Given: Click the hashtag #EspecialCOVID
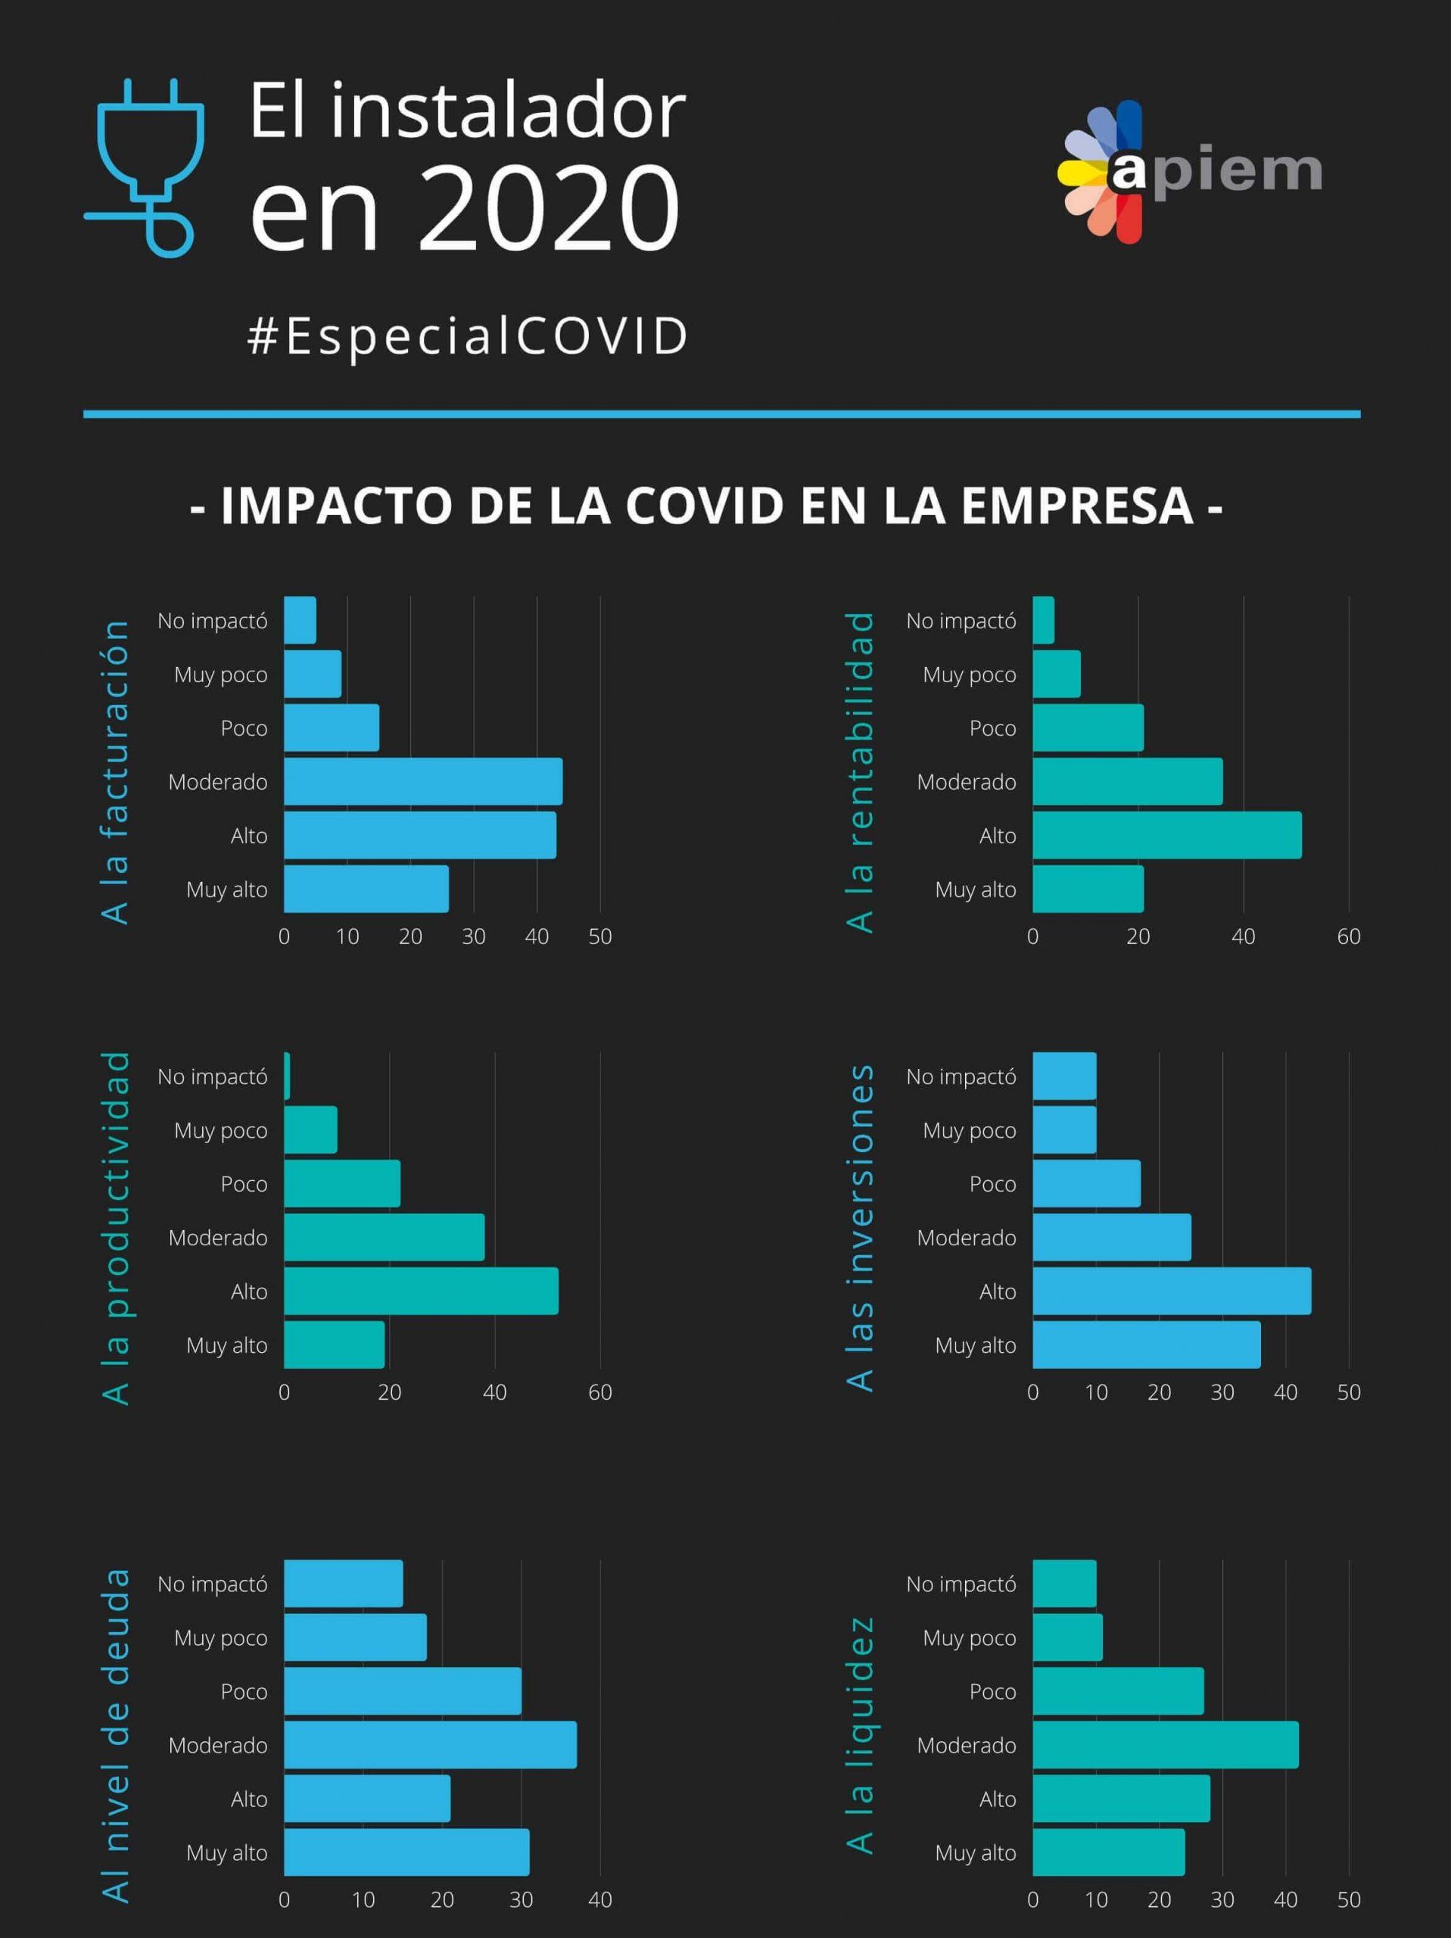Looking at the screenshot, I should coord(467,335).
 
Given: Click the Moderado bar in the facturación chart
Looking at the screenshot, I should coord(423,781).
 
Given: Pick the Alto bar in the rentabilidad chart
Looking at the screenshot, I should coord(1166,835).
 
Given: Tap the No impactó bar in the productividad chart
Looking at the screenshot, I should coord(287,1076).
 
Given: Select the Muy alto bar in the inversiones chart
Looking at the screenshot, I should coord(1146,1344).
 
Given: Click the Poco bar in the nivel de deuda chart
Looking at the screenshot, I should coord(402,1691).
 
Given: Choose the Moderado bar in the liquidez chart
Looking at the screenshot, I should coord(1166,1744).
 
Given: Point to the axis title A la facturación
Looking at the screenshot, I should coord(115,771).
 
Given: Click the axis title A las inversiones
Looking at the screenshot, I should coord(861,1226).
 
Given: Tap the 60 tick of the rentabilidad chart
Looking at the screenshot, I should coord(1349,936).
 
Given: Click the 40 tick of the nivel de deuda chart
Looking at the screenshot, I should coord(599,1899).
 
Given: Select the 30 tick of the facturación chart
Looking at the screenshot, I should coord(473,936).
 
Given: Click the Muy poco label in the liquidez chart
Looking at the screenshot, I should coord(969,1637).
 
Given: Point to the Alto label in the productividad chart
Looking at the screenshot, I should coord(249,1291).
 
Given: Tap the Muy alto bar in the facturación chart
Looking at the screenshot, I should coord(366,889).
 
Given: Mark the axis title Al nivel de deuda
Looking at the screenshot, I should coord(115,1735).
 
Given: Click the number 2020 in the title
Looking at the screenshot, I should coord(550,208).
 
